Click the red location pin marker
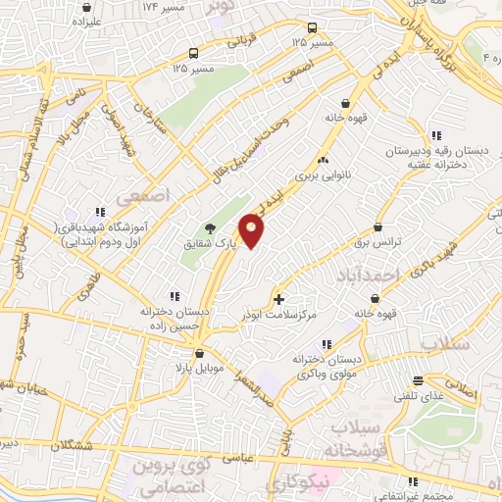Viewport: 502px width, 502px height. [x=253, y=229]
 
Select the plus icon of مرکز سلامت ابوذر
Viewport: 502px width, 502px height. [x=279, y=299]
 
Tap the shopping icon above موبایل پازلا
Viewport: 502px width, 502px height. [x=199, y=351]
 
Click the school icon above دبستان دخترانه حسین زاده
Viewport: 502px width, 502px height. [x=175, y=295]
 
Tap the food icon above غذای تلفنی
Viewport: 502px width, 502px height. [x=419, y=380]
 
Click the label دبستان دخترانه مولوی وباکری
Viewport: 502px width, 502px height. [x=326, y=367]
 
